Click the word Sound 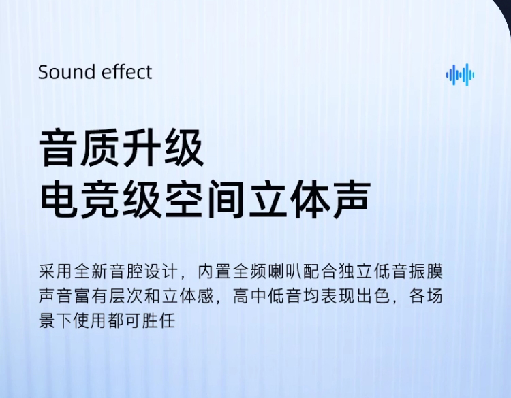click(67, 72)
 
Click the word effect click(127, 72)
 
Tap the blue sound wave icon click(460, 75)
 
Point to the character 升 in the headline click(142, 148)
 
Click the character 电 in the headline click(59, 199)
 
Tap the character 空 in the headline click(185, 199)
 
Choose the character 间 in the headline click(226, 199)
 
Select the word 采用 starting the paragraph click(55, 271)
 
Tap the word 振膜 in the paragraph click(427, 271)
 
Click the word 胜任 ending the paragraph click(159, 320)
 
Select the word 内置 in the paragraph click(214, 271)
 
